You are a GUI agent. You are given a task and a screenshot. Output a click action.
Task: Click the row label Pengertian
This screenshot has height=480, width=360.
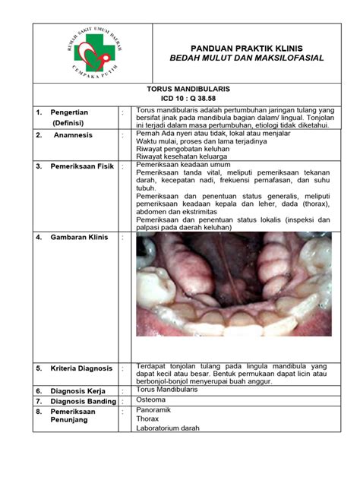coord(70,112)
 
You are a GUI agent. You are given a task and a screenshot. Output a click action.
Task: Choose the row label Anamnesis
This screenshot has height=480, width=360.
coord(72,135)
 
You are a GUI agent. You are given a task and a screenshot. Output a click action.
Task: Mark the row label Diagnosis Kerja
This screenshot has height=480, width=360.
coord(77,391)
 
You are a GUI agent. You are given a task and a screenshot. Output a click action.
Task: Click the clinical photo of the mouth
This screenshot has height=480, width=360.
coord(233,284)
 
